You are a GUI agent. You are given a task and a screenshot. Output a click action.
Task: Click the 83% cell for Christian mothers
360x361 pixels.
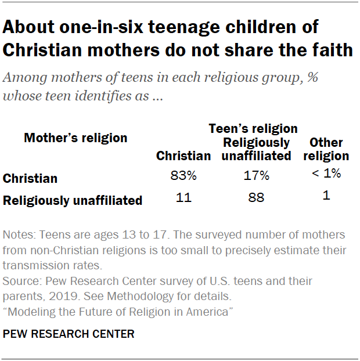(x=183, y=175)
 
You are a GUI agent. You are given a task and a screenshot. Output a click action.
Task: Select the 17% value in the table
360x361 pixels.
(x=256, y=175)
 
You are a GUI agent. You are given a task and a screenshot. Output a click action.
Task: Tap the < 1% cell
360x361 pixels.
(x=326, y=173)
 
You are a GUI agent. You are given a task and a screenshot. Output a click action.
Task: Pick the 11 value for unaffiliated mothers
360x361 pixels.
(x=183, y=197)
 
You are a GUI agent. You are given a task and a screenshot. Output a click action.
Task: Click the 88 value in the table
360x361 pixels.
(x=256, y=197)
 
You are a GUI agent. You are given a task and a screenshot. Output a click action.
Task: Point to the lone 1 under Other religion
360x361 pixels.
(x=326, y=196)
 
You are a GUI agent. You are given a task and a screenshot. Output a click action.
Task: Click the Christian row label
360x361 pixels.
(x=30, y=179)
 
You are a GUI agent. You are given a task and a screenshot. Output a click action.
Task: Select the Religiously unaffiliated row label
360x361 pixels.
(x=73, y=201)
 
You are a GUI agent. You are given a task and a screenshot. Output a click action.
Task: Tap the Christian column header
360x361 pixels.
(x=183, y=156)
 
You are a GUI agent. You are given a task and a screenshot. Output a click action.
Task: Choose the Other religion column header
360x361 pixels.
(x=326, y=149)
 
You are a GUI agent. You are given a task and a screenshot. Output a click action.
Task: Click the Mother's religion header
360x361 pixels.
(x=75, y=138)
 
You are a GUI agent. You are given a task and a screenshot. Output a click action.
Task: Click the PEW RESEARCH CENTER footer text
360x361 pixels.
(x=69, y=334)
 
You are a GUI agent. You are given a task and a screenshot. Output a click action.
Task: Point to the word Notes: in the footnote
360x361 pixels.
(x=19, y=235)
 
